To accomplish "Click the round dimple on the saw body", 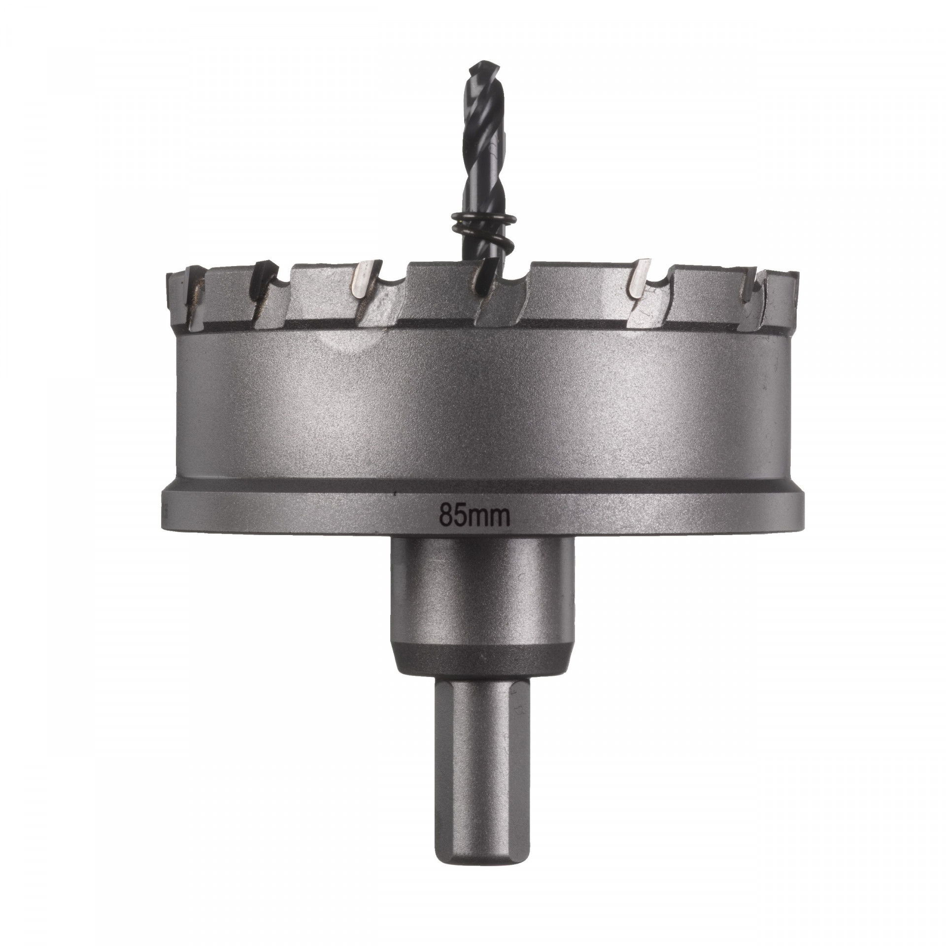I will point(350,344).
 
